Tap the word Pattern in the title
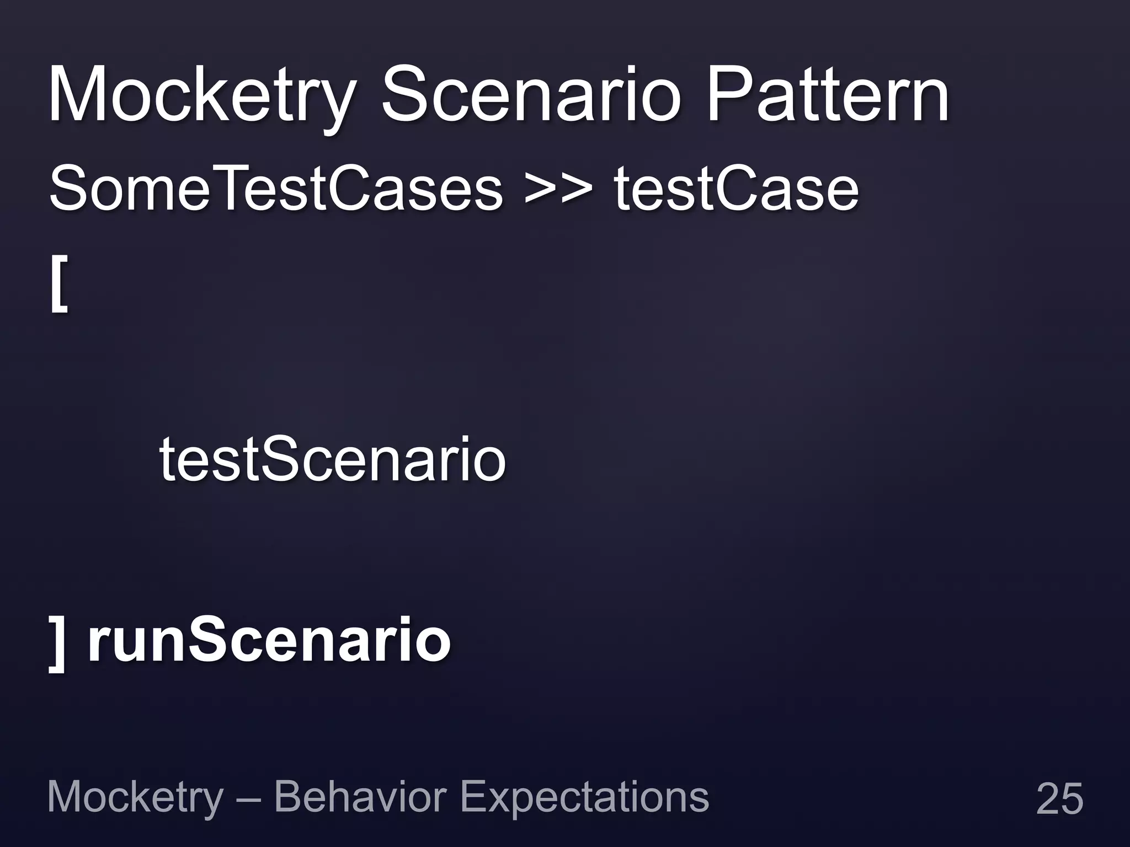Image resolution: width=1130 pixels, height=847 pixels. coord(828,95)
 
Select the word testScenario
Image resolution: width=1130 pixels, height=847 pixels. coord(333,459)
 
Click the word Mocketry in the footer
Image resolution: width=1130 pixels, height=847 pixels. coord(135,798)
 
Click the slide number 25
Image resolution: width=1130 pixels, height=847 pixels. coord(1059,798)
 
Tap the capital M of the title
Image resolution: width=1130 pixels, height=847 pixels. coord(77,95)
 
